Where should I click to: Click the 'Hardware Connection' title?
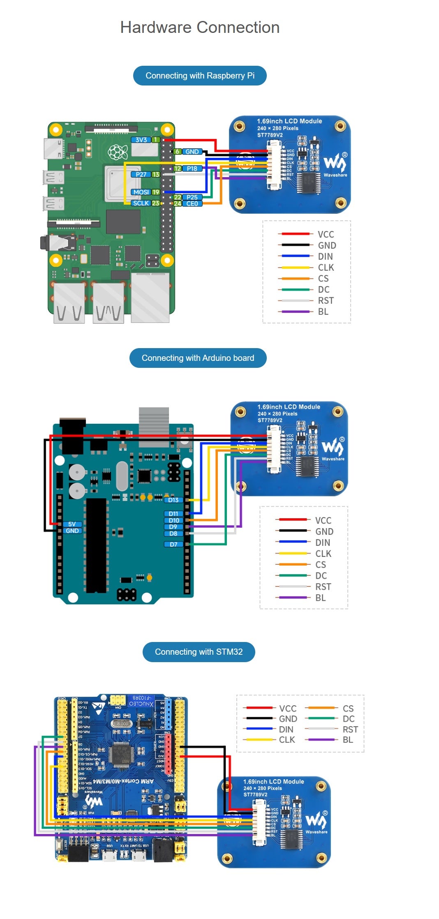tap(200, 28)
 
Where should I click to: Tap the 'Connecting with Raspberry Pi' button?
tap(200, 76)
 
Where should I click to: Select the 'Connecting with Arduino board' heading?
tap(198, 358)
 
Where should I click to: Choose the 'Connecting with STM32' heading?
tap(199, 652)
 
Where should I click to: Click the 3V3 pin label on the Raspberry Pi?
tap(141, 140)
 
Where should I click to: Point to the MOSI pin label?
tap(141, 192)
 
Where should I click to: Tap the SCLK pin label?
tap(141, 203)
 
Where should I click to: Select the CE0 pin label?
tap(192, 203)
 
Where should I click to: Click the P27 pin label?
tap(141, 174)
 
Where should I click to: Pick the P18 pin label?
tap(192, 169)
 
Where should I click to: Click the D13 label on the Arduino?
tap(173, 500)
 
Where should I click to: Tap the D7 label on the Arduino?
tap(173, 544)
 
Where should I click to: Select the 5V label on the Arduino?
tap(72, 524)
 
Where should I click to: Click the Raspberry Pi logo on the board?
tap(118, 152)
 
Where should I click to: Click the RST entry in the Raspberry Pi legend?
tap(326, 300)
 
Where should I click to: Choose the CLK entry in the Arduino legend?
tap(323, 554)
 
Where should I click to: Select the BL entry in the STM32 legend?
tap(348, 739)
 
